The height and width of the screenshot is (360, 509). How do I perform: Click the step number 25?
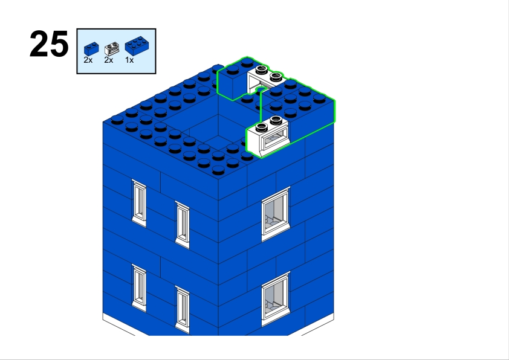(x=49, y=43)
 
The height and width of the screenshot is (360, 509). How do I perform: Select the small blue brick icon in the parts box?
(x=91, y=49)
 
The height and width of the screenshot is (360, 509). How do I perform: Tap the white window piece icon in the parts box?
(x=112, y=49)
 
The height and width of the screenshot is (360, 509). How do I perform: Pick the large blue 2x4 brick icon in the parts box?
(x=137, y=46)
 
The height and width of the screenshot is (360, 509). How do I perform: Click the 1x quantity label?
(x=129, y=60)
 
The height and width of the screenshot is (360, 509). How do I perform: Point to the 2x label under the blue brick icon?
(x=88, y=60)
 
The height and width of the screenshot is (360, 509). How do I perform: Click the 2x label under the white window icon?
(x=109, y=60)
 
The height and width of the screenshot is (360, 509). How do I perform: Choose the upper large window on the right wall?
(x=276, y=214)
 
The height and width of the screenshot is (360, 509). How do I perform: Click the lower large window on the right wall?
(x=276, y=299)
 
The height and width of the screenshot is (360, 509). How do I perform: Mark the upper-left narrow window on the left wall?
(x=139, y=203)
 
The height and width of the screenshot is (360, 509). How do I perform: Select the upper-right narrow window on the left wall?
(x=183, y=225)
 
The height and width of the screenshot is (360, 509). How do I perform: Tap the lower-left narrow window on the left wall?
(x=139, y=288)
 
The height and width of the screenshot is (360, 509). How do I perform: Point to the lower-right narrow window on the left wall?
(x=183, y=310)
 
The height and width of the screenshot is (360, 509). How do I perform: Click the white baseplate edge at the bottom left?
(x=119, y=324)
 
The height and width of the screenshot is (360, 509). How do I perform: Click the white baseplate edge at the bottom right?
(x=317, y=324)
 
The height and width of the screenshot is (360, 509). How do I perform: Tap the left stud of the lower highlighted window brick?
(x=262, y=127)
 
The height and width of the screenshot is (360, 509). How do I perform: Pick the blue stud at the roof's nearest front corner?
(x=218, y=170)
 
